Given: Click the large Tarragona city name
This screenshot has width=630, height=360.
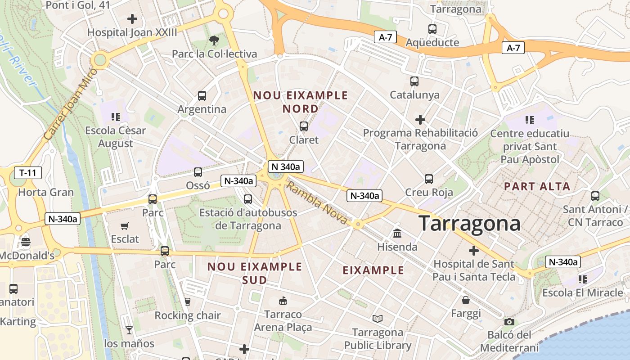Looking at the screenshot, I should [469, 224].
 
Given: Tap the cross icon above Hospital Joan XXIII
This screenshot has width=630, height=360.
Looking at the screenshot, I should [132, 19].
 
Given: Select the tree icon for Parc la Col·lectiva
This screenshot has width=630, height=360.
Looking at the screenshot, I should [214, 40].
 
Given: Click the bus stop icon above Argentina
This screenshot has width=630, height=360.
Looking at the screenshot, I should [202, 96].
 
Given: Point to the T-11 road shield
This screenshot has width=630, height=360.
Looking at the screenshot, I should [28, 172].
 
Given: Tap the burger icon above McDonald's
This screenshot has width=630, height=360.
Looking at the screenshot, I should [25, 242].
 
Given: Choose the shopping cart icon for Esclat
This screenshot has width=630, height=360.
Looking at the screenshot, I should [125, 226].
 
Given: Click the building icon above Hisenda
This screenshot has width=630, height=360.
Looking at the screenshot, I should [397, 233].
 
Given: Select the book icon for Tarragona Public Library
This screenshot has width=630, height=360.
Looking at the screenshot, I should [378, 319].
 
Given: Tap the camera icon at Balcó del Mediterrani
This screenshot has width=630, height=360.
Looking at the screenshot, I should [509, 322].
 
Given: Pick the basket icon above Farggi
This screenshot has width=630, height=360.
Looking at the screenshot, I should [466, 300].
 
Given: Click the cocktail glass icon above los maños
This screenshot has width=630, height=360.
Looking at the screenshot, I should [129, 330].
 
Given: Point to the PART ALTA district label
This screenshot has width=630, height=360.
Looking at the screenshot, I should [537, 186].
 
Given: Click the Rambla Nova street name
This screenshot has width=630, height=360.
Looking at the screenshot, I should [317, 203].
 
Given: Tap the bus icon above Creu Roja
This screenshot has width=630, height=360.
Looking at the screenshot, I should [429, 179].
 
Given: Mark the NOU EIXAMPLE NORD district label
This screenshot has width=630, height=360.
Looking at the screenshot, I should [301, 102].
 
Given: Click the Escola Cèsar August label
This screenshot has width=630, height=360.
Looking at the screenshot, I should [116, 137].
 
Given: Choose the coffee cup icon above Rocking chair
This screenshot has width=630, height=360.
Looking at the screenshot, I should [188, 302].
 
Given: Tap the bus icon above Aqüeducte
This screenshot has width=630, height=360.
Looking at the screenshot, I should [432, 29].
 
